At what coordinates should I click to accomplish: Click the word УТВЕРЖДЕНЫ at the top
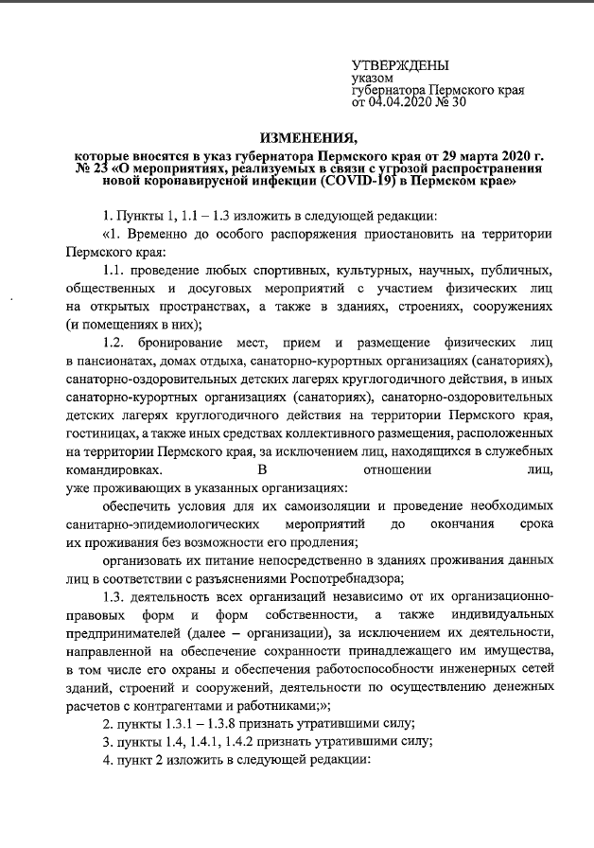(x=400, y=64)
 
